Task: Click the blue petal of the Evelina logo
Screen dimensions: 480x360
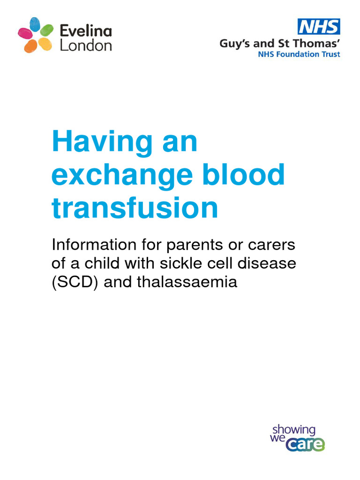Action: tap(35, 24)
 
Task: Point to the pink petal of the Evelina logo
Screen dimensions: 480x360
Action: tap(25, 34)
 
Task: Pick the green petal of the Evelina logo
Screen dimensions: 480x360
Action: tap(47, 30)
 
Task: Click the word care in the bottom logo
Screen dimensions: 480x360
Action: tap(306, 443)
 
